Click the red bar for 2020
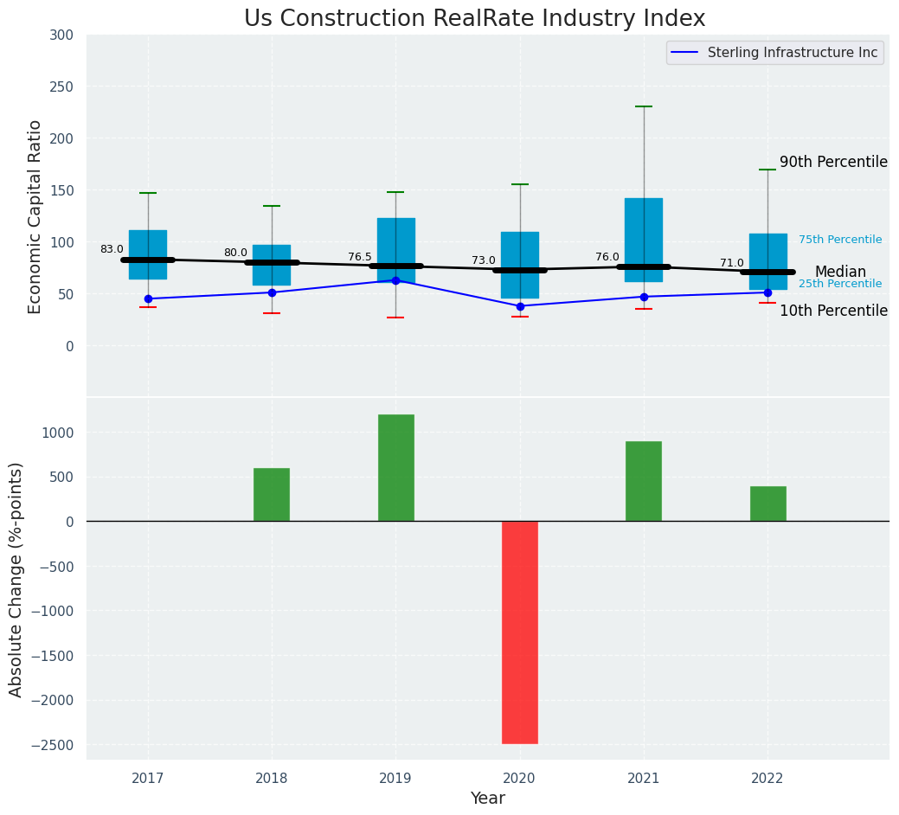(520, 632)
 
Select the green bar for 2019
(395, 467)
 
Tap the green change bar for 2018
(272, 494)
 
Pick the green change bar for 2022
(767, 504)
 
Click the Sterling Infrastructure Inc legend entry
(792, 53)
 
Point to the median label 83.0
(112, 249)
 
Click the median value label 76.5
(360, 257)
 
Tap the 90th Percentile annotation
(833, 162)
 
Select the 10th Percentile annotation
(833, 311)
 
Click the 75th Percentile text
(840, 240)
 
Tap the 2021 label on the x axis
(644, 778)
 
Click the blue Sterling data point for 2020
(520, 306)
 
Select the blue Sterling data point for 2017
(148, 298)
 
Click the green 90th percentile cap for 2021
(644, 106)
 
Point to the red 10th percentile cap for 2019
(395, 318)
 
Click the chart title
(474, 19)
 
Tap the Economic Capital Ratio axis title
(35, 216)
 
